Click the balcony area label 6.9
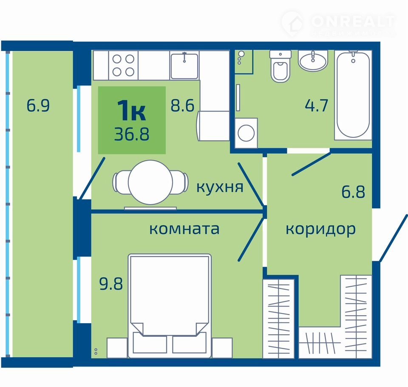click(x=38, y=105)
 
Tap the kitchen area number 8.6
click(x=182, y=105)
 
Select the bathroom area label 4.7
click(x=316, y=105)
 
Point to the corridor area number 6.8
click(x=353, y=192)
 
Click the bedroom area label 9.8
click(x=111, y=284)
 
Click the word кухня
click(x=220, y=187)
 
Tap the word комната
click(x=184, y=229)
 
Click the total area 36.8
click(x=132, y=134)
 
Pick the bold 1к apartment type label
click(x=131, y=111)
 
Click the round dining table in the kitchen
click(x=150, y=182)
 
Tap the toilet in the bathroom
click(x=280, y=66)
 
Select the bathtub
click(x=353, y=95)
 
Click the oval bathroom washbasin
click(x=313, y=61)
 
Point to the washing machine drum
click(x=246, y=133)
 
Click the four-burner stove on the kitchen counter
click(x=123, y=65)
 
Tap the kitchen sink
click(x=184, y=65)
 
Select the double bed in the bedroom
click(x=170, y=306)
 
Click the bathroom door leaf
click(x=311, y=164)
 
